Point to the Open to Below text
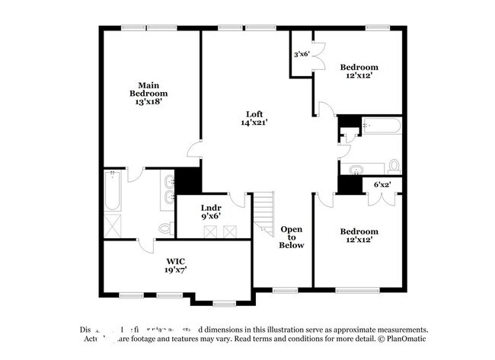(x=292, y=237)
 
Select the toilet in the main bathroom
(x=164, y=228)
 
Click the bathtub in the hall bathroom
(x=381, y=126)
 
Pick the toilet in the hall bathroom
(x=394, y=165)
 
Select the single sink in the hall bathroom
(x=356, y=168)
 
